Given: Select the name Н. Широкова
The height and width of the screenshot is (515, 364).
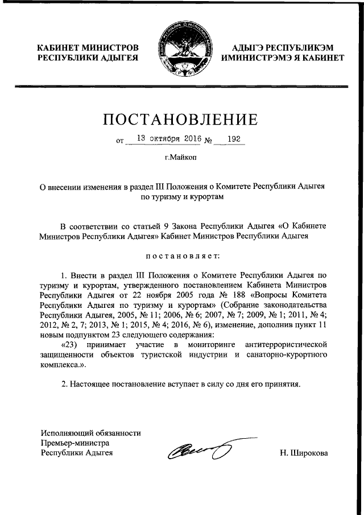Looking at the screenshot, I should coord(304,453).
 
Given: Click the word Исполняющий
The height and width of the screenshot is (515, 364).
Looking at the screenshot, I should coord(62,432).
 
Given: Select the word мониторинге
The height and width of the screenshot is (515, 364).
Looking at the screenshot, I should coord(209,345).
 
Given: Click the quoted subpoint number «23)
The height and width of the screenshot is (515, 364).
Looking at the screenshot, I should coord(71,345).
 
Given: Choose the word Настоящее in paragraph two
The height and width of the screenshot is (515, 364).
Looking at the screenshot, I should coord(97,384).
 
